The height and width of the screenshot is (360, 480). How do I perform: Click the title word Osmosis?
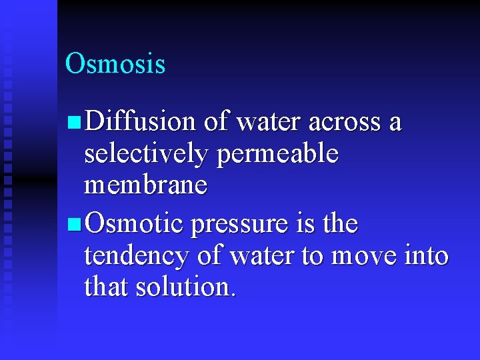[115, 64]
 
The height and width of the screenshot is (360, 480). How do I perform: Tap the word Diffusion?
[141, 122]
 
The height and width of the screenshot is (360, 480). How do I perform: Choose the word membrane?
[146, 185]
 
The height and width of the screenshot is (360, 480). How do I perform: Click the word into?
[427, 255]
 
